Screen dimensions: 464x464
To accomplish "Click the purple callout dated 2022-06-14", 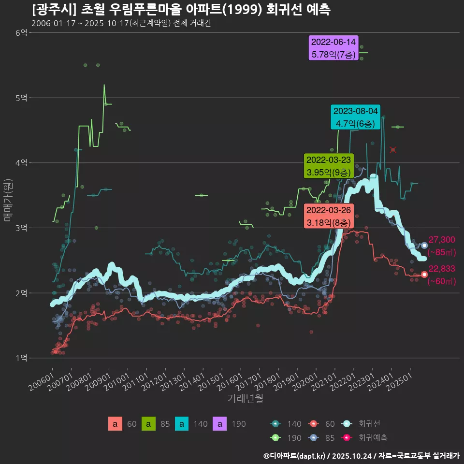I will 333,48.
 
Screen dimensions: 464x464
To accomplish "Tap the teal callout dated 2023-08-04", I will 355,117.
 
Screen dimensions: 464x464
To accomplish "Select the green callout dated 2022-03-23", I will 329,166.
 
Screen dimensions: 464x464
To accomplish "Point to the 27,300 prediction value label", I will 442,240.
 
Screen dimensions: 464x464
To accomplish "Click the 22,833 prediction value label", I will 442,269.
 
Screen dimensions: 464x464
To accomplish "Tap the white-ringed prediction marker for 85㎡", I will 424,246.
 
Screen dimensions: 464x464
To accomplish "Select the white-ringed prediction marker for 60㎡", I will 424,275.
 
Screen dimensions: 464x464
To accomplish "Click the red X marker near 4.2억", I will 393,150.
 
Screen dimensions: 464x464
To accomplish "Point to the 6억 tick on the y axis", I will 21,33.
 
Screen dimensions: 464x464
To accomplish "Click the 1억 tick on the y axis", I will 21,358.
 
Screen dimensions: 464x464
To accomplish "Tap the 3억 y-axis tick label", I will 21,228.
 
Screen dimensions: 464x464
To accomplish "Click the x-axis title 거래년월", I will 245,399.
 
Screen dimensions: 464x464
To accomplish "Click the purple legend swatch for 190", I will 220,424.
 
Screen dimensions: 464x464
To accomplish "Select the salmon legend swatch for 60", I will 115,424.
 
